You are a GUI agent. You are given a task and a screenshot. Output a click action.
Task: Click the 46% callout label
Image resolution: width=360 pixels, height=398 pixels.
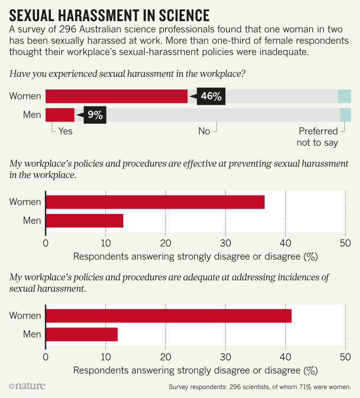[x=211, y=96]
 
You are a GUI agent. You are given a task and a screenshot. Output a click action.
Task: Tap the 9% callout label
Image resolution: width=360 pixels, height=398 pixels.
[x=94, y=115]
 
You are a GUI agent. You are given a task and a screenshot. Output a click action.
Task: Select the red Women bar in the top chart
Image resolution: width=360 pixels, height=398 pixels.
[x=116, y=96]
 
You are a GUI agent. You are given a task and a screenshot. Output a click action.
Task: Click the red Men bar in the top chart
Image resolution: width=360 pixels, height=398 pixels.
[x=59, y=115]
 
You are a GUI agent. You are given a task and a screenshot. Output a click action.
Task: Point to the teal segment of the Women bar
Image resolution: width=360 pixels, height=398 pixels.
[x=344, y=96]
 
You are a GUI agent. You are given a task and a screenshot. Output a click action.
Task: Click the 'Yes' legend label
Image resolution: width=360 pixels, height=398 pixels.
[x=65, y=131]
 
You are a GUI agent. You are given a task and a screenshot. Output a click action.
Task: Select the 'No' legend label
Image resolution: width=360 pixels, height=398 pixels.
[x=204, y=131]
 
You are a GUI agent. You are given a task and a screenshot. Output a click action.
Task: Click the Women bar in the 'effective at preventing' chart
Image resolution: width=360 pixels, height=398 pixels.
[x=155, y=202]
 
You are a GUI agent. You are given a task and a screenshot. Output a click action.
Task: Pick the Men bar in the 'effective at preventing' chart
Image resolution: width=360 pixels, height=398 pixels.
[x=84, y=221]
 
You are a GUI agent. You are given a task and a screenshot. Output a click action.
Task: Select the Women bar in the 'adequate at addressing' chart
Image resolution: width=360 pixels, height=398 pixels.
[x=168, y=316]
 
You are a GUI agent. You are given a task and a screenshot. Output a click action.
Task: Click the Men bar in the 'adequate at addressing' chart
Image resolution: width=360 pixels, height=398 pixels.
[x=81, y=335]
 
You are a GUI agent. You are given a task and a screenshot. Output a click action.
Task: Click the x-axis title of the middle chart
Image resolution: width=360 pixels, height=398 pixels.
[x=195, y=257]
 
